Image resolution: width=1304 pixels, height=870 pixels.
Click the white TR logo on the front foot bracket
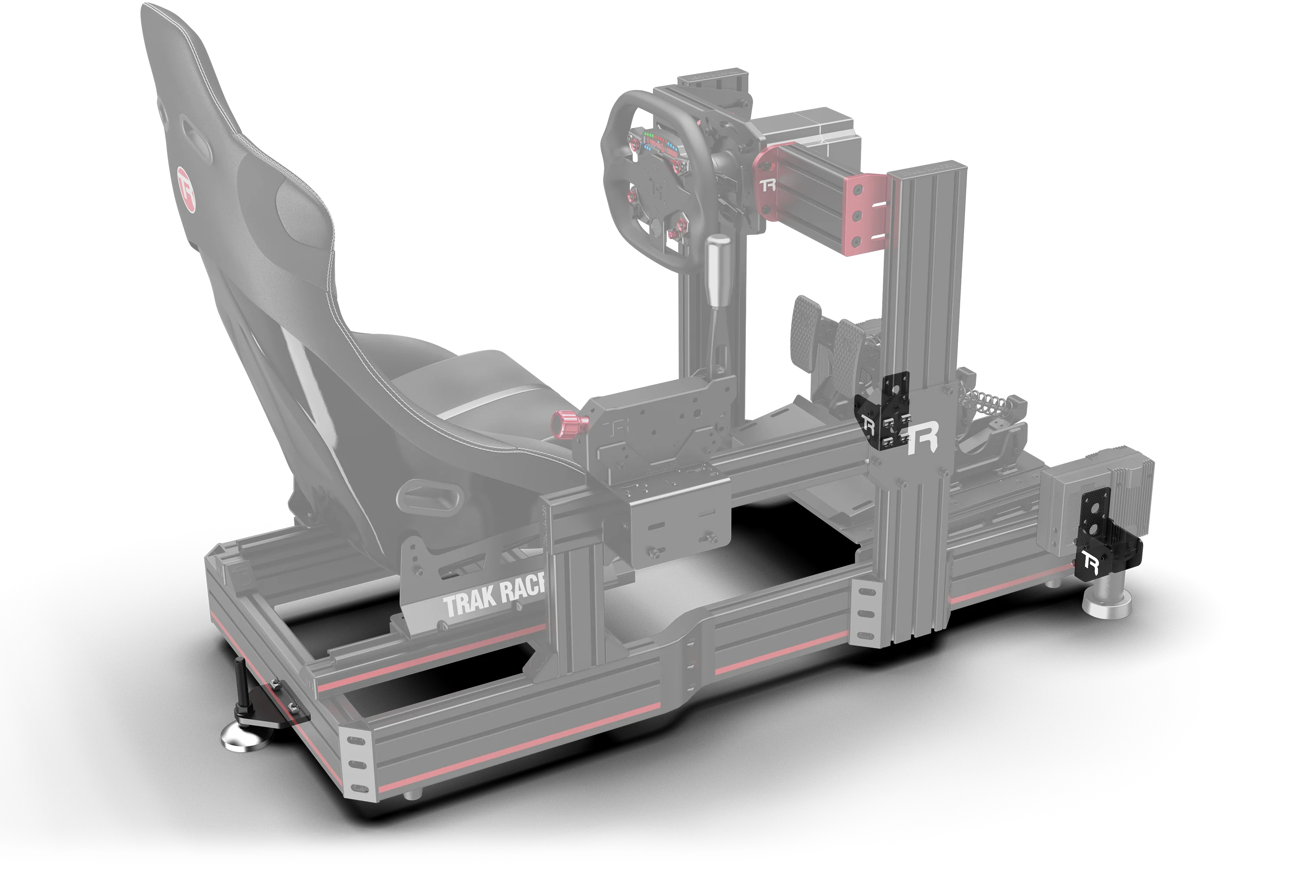[x=1088, y=564]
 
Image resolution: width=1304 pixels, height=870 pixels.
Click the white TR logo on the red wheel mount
[x=768, y=185]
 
